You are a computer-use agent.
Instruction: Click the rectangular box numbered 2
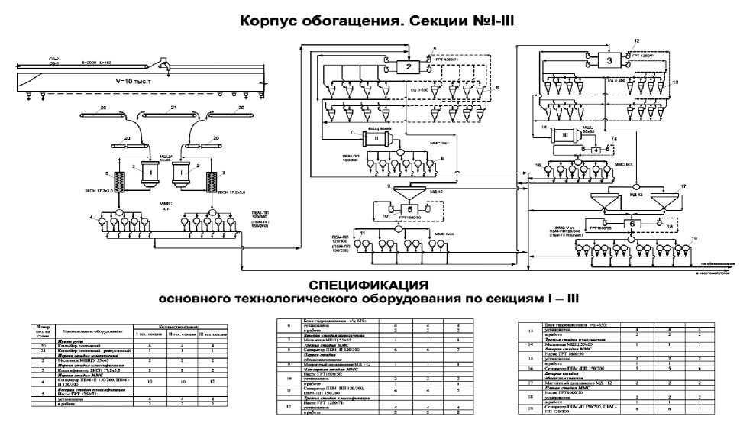409,67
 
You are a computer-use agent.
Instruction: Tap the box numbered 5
409,208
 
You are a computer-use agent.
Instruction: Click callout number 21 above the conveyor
173,108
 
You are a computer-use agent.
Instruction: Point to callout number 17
684,186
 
